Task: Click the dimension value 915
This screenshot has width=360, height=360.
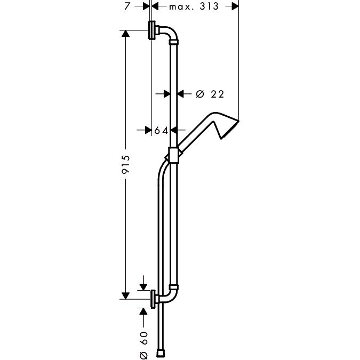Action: (x=125, y=164)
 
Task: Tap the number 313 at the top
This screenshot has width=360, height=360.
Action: (x=209, y=6)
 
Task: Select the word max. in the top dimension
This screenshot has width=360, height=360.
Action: (x=182, y=7)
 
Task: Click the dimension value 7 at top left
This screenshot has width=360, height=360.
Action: (x=127, y=6)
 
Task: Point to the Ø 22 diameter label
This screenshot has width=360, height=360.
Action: (x=210, y=94)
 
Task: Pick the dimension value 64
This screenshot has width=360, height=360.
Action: (x=161, y=131)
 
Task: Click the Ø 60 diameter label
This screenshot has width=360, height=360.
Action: (x=143, y=345)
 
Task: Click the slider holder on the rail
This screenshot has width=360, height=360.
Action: (x=173, y=155)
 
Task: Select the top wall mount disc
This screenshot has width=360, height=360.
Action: (x=152, y=30)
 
